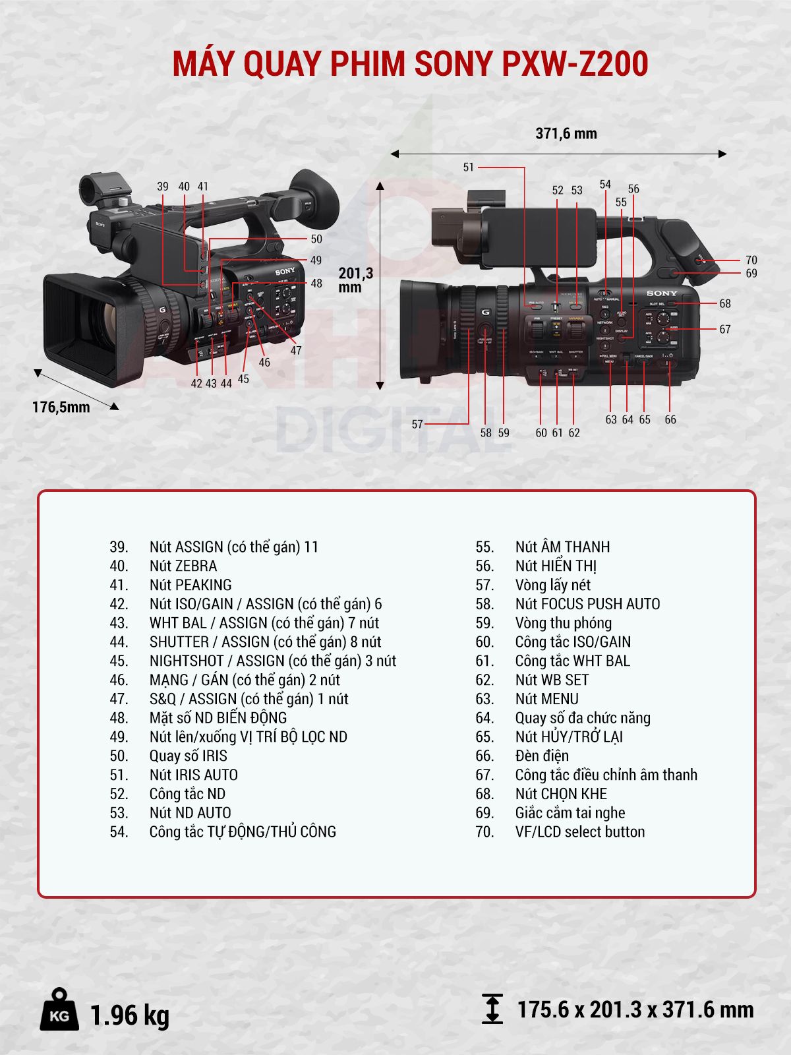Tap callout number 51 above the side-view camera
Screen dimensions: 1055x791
(x=468, y=167)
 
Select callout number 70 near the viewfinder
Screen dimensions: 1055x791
(x=751, y=260)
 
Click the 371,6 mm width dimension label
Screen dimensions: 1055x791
(x=566, y=134)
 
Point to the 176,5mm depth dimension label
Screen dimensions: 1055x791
(x=61, y=407)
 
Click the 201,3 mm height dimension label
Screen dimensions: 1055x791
(x=355, y=280)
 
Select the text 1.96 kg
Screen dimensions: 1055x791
(x=129, y=1015)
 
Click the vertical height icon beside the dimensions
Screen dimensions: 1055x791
(x=492, y=1009)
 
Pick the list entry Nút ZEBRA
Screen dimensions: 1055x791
(x=183, y=566)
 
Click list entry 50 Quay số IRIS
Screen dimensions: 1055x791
(x=188, y=756)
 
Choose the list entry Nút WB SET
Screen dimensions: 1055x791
(x=552, y=680)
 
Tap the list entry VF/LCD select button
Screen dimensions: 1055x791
(x=579, y=831)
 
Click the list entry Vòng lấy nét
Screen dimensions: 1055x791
(x=552, y=585)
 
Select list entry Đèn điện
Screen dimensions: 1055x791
(x=541, y=756)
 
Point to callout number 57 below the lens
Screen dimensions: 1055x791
(x=417, y=424)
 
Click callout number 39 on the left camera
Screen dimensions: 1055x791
(x=163, y=187)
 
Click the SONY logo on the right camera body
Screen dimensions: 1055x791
(x=661, y=293)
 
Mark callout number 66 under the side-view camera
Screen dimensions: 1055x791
(x=670, y=419)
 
